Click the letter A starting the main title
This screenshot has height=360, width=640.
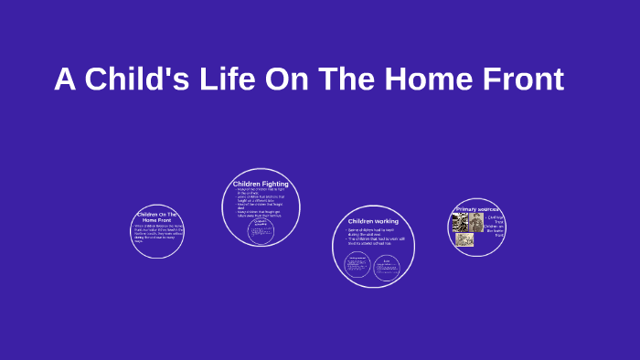point(64,79)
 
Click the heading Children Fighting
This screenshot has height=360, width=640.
point(261,184)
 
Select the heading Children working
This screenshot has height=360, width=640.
point(372,221)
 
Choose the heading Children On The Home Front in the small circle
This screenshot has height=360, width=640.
point(157,217)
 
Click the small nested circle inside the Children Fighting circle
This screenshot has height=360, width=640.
point(261,229)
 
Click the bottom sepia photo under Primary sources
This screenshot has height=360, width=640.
point(464,240)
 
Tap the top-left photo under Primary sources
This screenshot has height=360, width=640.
point(461,222)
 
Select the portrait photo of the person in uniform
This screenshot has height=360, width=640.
point(477,222)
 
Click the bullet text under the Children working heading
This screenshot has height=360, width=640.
point(372,237)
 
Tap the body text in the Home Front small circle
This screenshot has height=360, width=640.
point(156,233)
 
